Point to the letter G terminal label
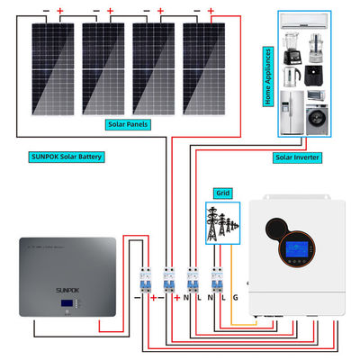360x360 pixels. coord(237,297)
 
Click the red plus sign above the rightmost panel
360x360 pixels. coord(210,12)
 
